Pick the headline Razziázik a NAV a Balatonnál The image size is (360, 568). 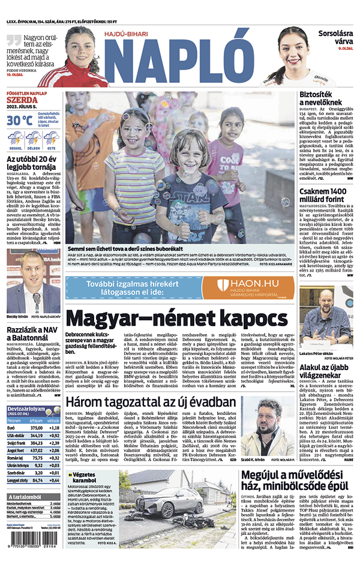[x=33, y=333]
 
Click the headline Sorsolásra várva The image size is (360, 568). [x=334, y=38]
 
